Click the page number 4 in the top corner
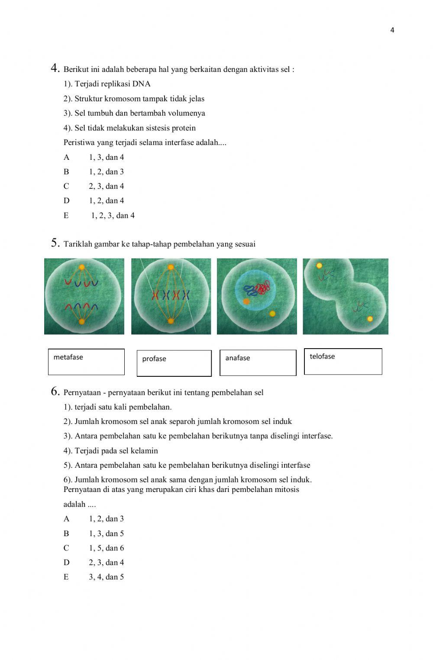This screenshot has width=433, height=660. [x=392, y=30]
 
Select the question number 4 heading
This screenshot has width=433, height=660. [x=55, y=68]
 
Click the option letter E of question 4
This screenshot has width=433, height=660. [x=66, y=215]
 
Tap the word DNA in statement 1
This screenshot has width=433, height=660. [x=142, y=84]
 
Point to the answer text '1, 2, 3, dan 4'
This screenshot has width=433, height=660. [x=113, y=215]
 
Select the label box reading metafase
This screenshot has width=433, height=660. [x=86, y=362]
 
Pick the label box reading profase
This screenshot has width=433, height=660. [x=174, y=363]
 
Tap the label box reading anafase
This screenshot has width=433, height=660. [x=258, y=362]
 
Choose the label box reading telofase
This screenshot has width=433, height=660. [x=343, y=361]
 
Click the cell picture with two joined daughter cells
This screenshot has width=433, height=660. [x=345, y=296]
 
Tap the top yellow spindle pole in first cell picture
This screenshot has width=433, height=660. [x=81, y=267]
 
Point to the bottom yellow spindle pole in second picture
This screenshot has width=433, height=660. [x=171, y=321]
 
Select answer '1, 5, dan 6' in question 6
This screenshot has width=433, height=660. [x=107, y=548]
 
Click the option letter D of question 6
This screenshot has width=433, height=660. [x=66, y=563]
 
